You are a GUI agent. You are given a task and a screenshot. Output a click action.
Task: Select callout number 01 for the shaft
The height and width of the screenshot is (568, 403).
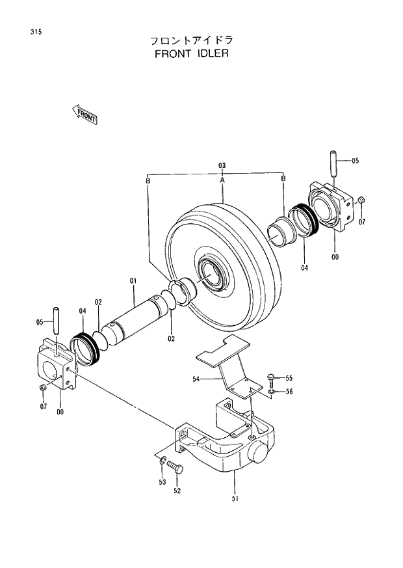[133, 281]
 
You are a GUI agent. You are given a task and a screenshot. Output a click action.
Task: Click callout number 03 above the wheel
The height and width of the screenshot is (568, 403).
[222, 165]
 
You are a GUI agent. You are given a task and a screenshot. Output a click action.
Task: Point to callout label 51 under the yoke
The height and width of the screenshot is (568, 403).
[235, 499]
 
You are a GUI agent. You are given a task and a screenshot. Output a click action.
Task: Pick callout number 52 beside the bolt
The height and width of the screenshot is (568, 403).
[177, 491]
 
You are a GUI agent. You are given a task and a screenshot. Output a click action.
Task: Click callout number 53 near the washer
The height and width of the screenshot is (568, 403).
[162, 482]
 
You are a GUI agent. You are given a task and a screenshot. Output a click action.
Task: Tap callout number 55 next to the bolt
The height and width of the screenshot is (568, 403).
[289, 378]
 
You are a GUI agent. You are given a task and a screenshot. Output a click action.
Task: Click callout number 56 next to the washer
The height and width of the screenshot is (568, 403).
[289, 392]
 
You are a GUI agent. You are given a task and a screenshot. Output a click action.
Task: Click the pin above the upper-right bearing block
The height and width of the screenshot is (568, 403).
[332, 163]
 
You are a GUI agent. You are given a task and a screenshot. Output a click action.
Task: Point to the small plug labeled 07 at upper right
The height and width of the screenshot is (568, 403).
[363, 200]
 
